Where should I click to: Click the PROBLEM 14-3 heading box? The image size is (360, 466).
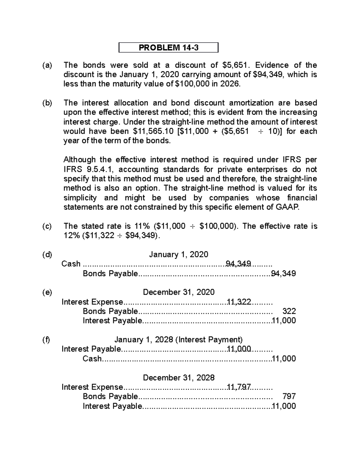[168, 47]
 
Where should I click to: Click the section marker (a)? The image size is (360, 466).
[47, 65]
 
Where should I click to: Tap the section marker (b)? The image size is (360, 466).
[47, 103]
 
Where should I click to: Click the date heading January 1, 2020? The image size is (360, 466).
[178, 254]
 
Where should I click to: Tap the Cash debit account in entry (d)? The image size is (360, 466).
[71, 264]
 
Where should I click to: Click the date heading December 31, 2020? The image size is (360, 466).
[178, 292]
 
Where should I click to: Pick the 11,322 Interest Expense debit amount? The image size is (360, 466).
[239, 302]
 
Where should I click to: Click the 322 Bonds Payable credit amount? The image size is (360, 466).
[289, 311]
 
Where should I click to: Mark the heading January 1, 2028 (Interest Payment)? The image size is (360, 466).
[178, 339]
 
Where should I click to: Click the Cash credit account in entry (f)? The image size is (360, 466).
[92, 359]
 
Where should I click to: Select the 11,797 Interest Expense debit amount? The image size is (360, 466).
[239, 387]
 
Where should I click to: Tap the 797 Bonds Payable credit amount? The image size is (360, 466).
[289, 396]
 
